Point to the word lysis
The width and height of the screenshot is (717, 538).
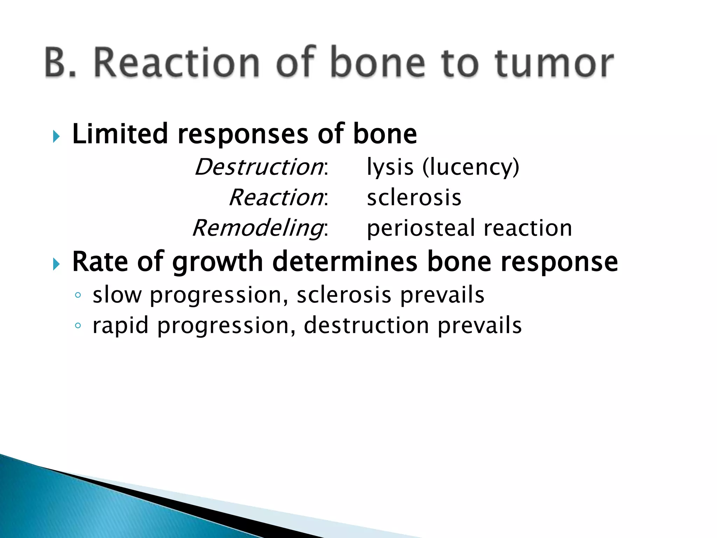(390, 167)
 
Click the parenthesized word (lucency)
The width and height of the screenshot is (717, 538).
(471, 167)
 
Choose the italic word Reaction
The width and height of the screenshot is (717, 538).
(276, 198)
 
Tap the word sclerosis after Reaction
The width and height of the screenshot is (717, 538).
(414, 198)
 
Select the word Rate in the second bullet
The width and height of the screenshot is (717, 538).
(100, 262)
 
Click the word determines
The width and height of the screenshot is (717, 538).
(344, 262)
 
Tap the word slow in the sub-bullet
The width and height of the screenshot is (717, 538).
(117, 295)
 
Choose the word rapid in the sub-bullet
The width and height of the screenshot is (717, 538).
(120, 326)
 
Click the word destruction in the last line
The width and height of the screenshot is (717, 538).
(366, 325)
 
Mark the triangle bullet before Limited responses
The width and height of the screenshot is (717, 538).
(56, 136)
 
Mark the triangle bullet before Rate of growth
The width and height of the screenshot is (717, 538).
(56, 264)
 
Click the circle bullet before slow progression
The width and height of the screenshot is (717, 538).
(78, 295)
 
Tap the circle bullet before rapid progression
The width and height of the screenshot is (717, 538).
(78, 326)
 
